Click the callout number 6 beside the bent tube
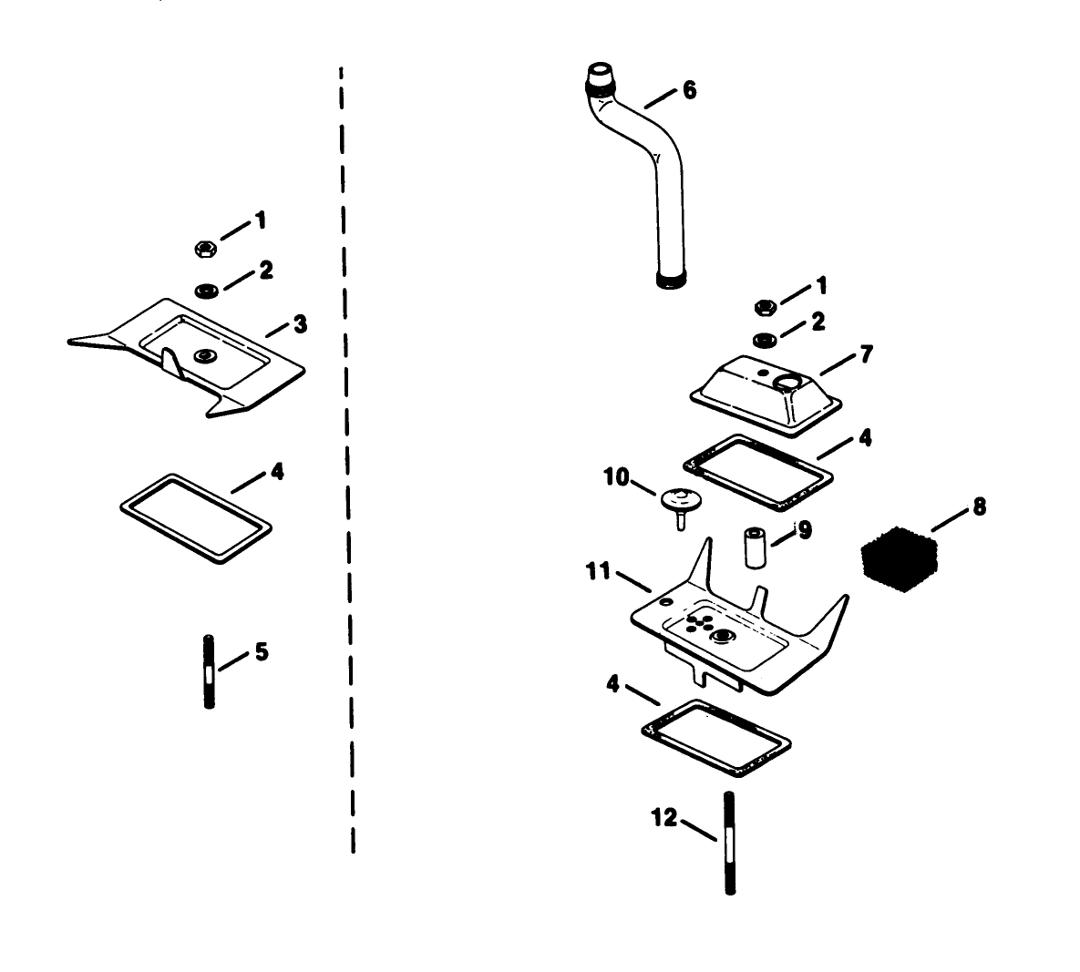click(689, 90)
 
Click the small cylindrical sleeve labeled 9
click(755, 546)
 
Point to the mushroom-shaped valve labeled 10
click(677, 501)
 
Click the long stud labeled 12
click(730, 843)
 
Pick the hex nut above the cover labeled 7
click(766, 306)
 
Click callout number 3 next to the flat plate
click(300, 323)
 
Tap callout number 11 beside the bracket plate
click(598, 572)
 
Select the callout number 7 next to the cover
click(866, 353)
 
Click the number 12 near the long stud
click(664, 817)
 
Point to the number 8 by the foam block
click(979, 507)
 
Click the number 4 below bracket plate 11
click(612, 683)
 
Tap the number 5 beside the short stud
click(262, 652)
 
